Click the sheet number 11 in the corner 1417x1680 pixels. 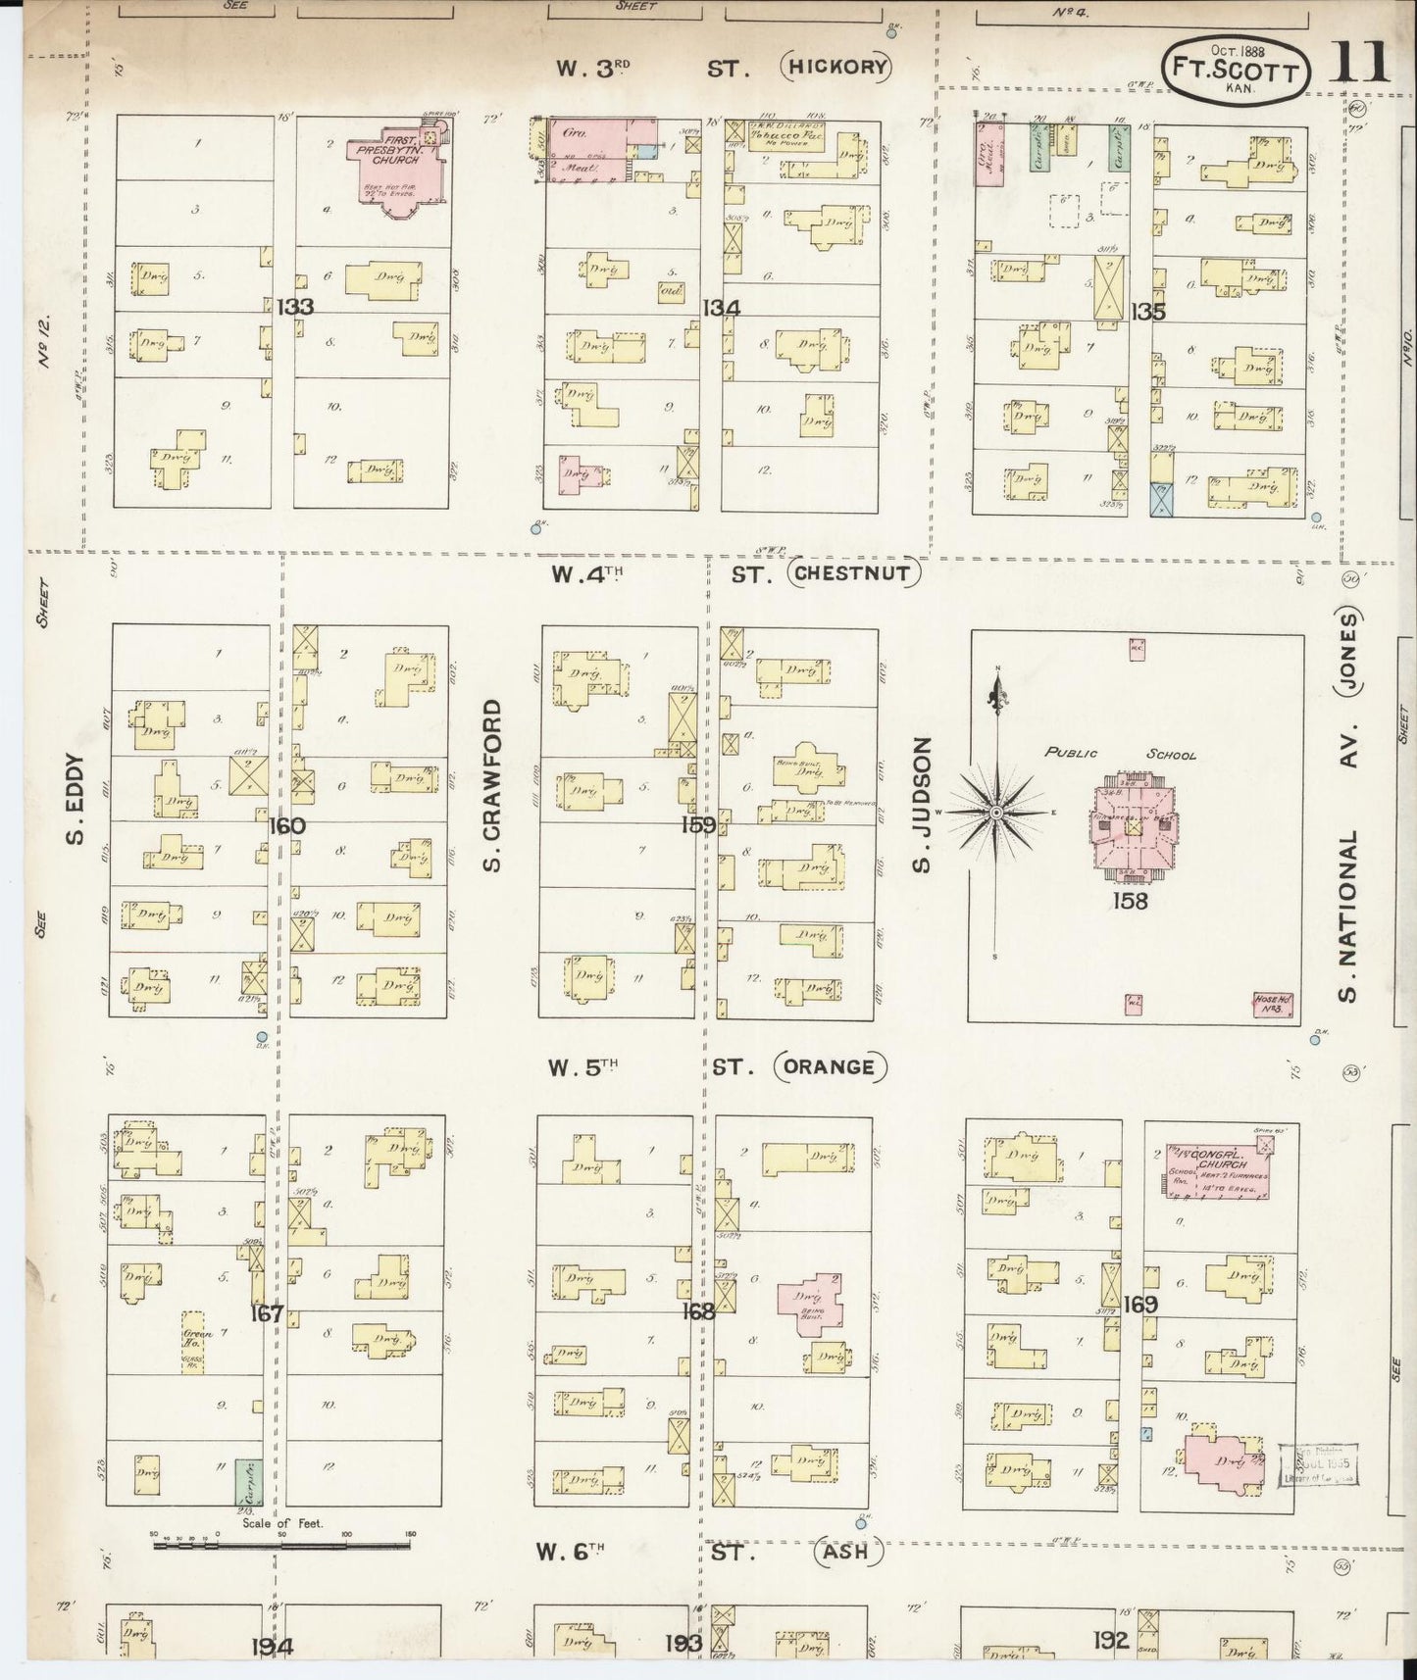tap(1362, 63)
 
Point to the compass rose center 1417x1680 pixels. tap(996, 813)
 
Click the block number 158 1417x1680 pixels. tap(1130, 900)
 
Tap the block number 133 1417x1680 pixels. tap(294, 307)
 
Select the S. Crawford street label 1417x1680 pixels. tap(492, 784)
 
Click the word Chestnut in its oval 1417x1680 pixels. tap(852, 574)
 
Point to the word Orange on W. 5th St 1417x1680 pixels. tap(830, 1066)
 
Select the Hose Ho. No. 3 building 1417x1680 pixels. tap(1274, 1005)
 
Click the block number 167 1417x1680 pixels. tap(267, 1313)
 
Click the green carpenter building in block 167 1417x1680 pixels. tap(241, 1482)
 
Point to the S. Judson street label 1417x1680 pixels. tap(920, 804)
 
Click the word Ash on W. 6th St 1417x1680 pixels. tap(847, 1553)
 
